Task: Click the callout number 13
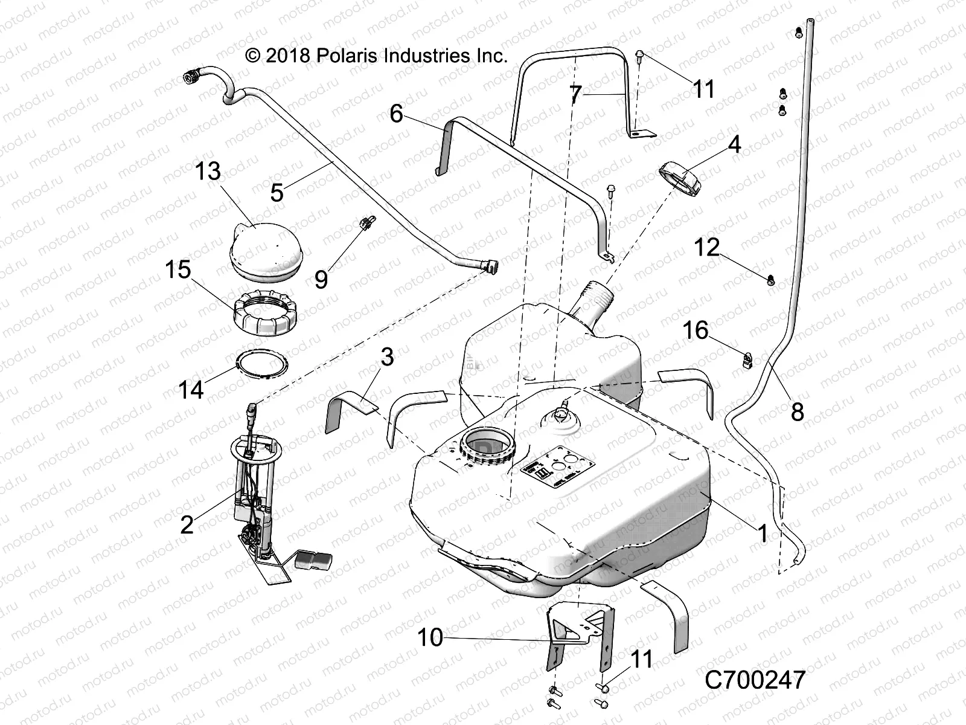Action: point(208,171)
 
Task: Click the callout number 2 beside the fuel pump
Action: point(187,524)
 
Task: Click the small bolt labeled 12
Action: point(772,280)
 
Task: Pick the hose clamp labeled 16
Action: point(748,361)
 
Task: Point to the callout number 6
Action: point(396,114)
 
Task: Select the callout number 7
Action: point(575,95)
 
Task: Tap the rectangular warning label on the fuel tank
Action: point(550,468)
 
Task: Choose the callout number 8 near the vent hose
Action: point(797,412)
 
